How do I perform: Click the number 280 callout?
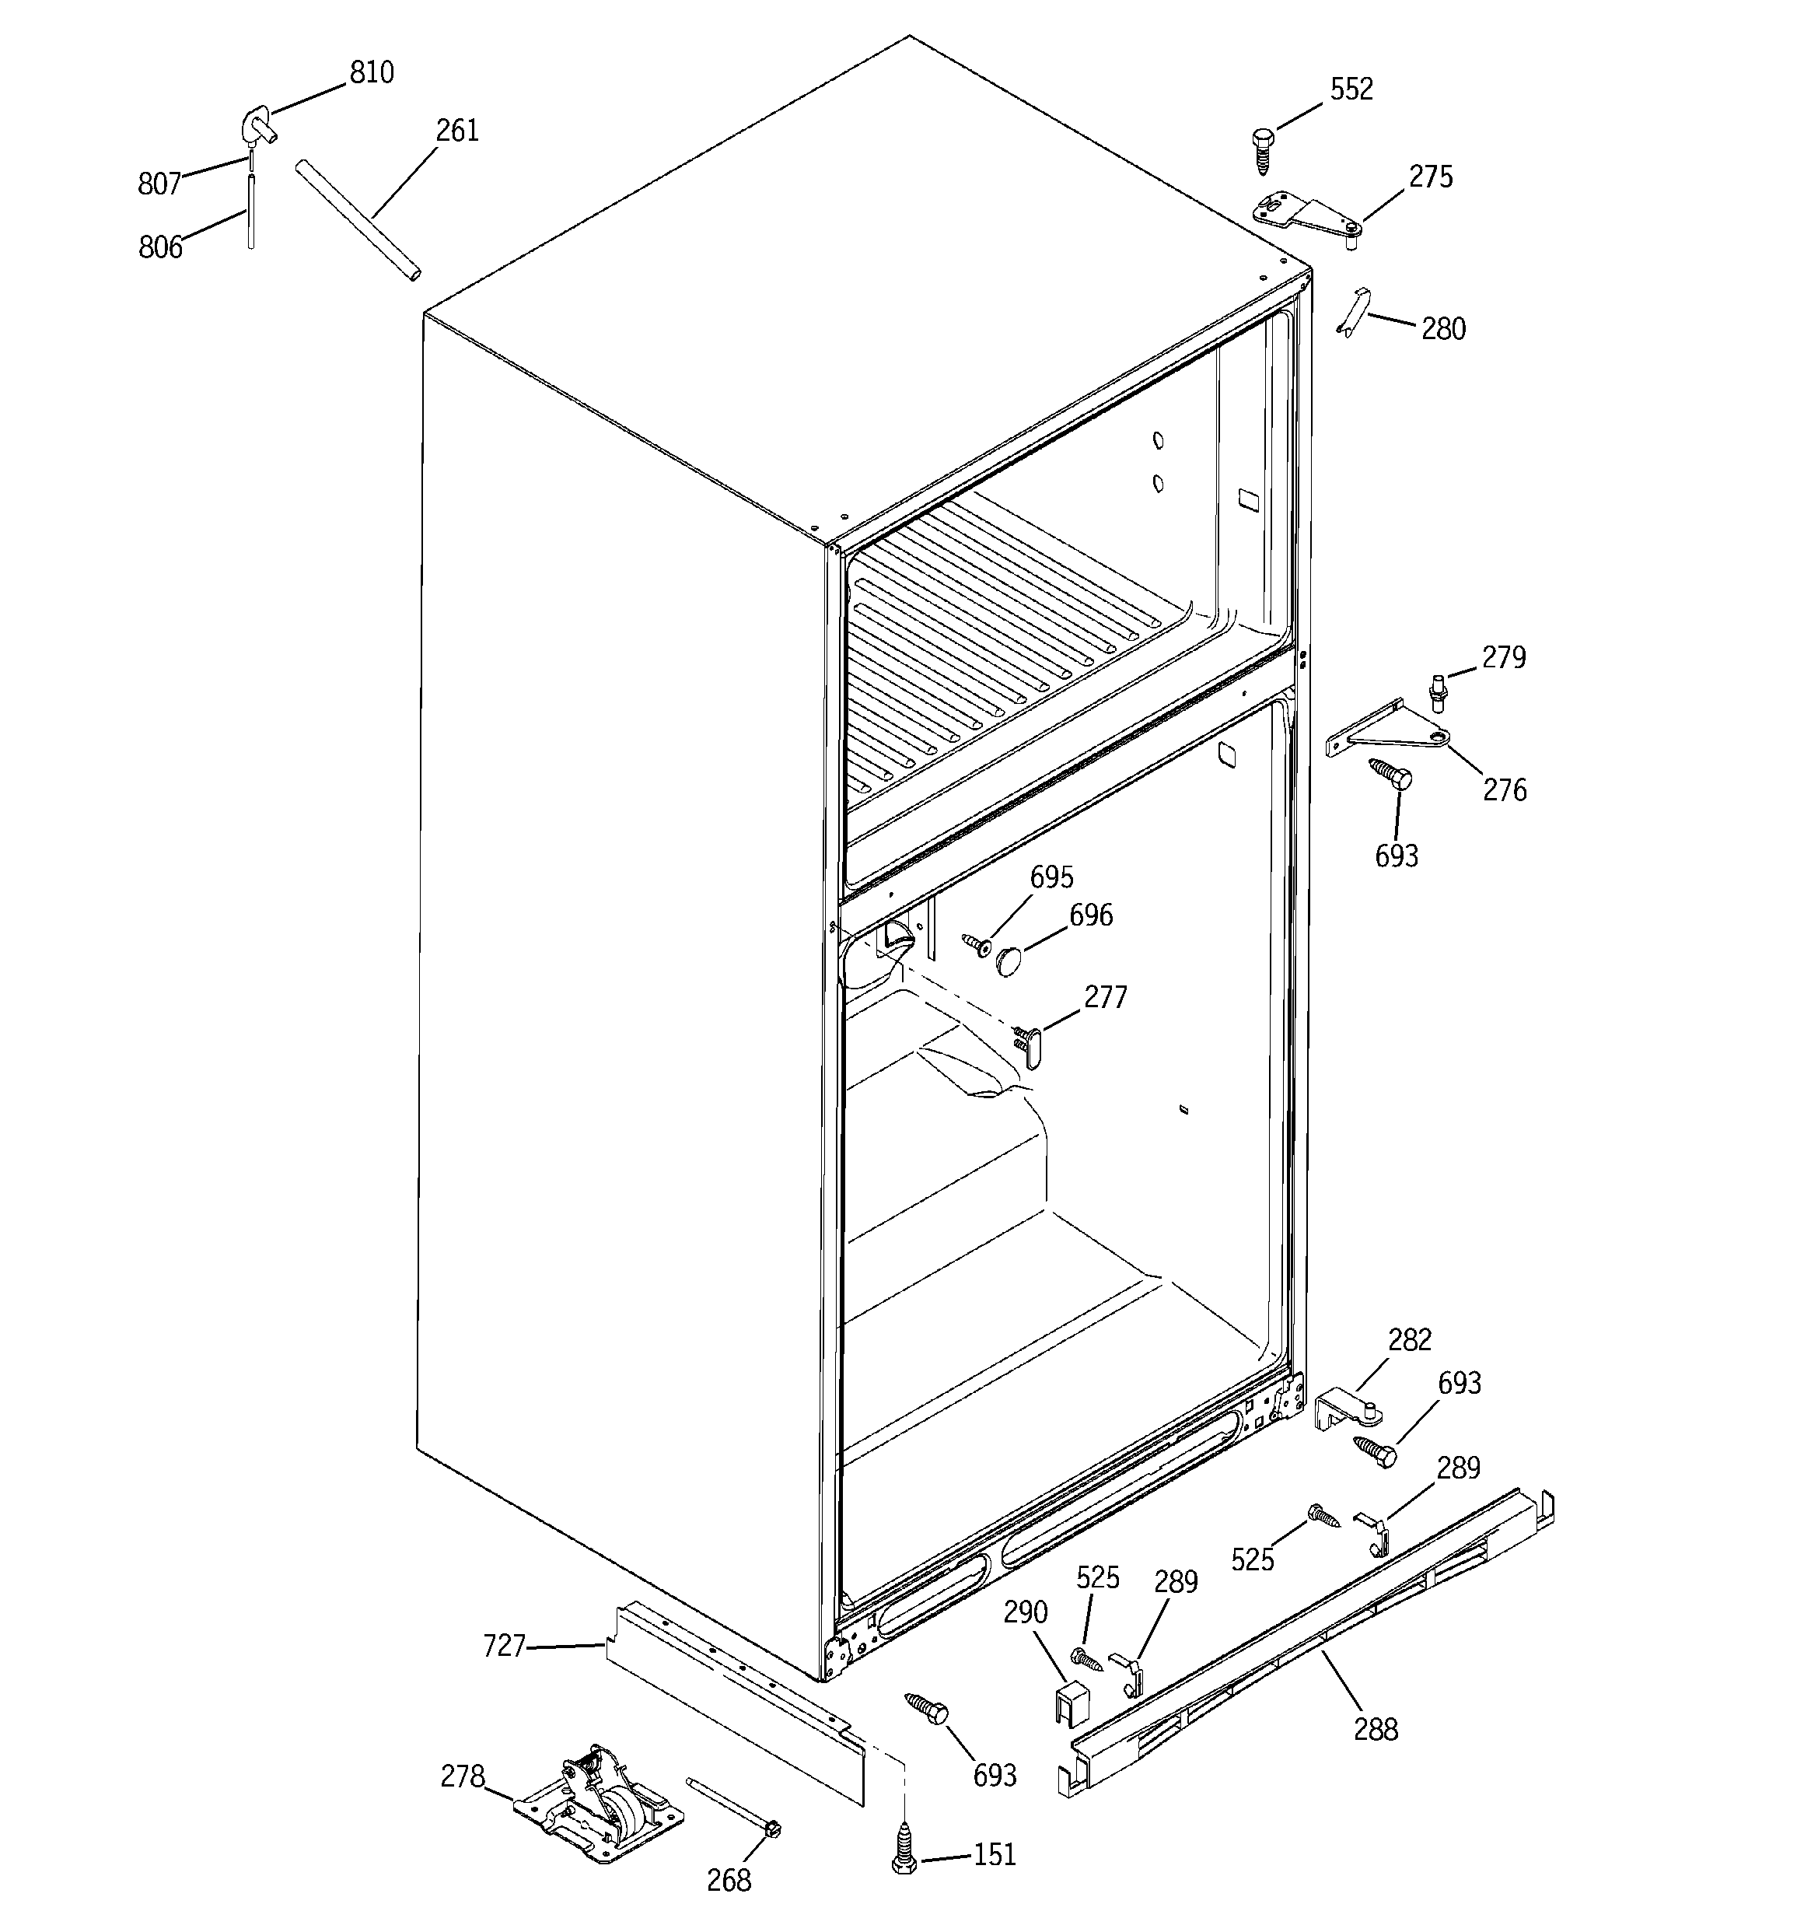coord(1443,329)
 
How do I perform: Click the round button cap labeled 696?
coord(1010,961)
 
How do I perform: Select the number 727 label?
coord(504,1645)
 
